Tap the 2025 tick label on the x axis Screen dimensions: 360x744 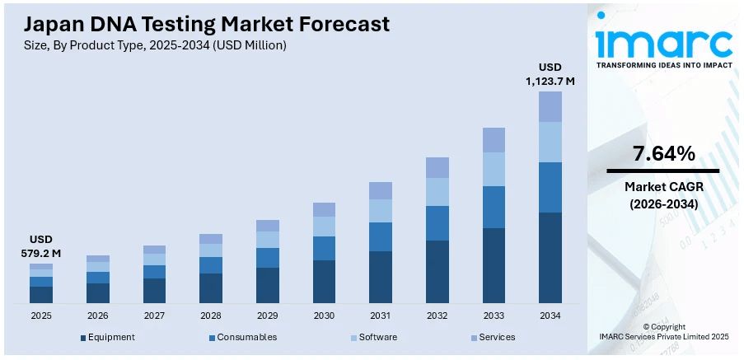coord(41,316)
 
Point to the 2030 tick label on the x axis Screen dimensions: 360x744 coord(324,316)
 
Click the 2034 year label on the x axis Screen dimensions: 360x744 coord(550,316)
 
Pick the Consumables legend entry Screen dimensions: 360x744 coord(242,337)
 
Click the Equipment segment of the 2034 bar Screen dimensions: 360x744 coord(550,257)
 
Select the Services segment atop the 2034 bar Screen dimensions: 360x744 coord(550,106)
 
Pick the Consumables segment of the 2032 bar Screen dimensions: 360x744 coord(438,223)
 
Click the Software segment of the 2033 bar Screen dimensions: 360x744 coord(494,169)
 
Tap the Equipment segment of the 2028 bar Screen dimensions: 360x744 coord(211,288)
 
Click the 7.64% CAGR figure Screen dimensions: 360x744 coord(663,153)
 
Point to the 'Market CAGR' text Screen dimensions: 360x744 coord(663,187)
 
